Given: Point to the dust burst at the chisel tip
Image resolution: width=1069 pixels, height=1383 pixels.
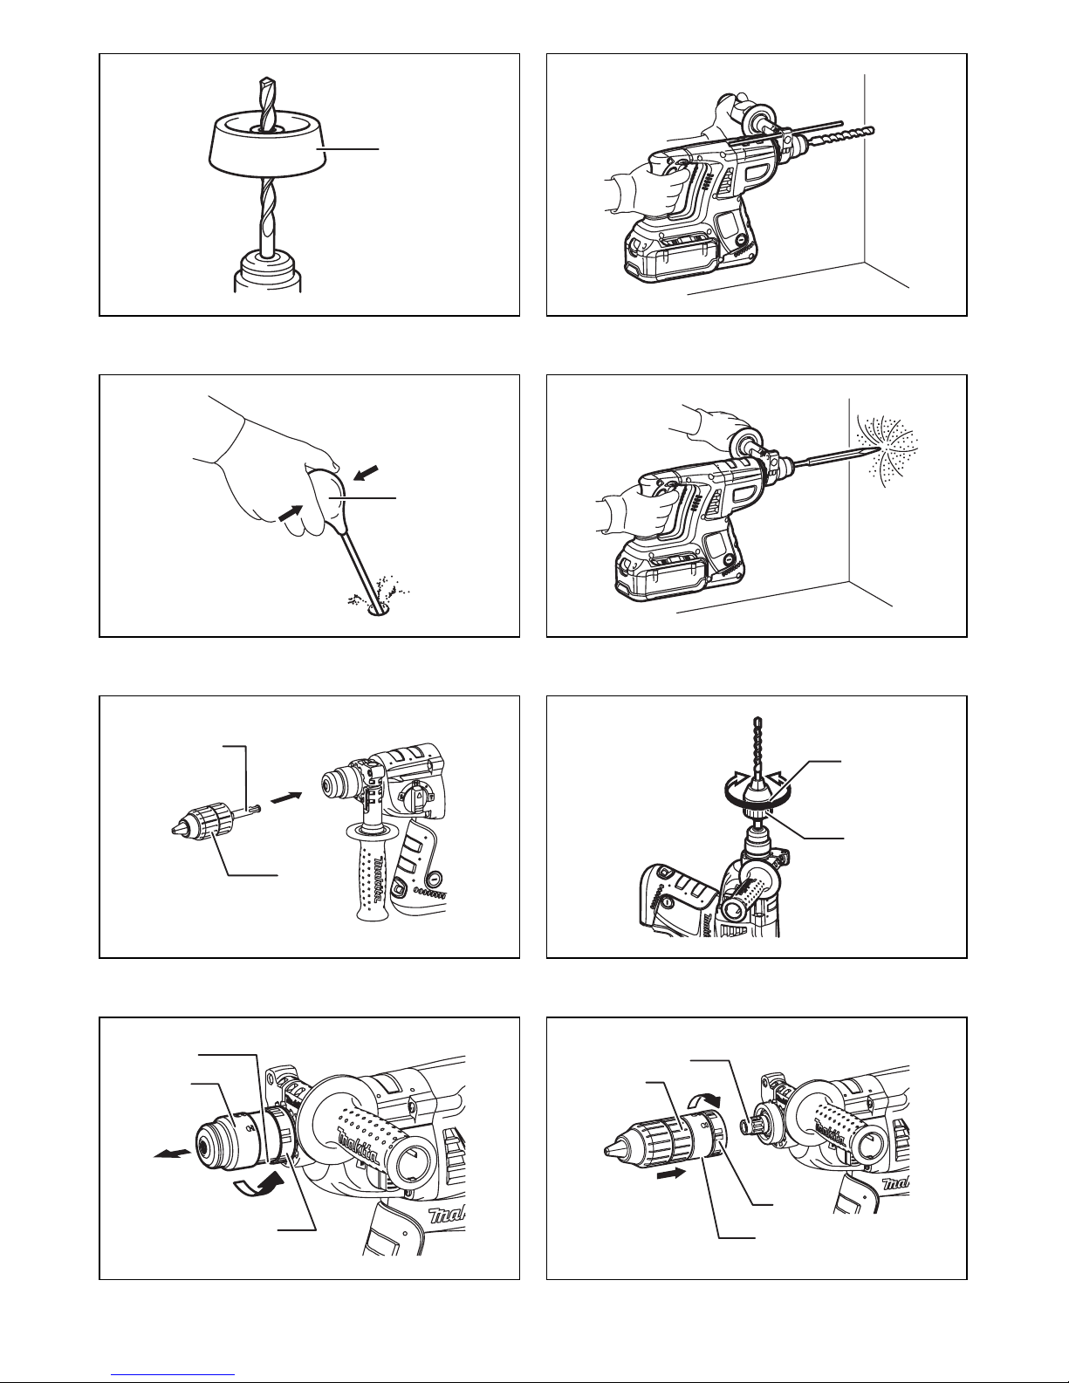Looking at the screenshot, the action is click(x=887, y=451).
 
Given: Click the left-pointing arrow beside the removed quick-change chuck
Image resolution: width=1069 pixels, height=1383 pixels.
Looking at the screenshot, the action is click(x=173, y=1153).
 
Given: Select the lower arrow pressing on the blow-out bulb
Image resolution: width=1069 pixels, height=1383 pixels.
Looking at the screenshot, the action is click(x=290, y=513).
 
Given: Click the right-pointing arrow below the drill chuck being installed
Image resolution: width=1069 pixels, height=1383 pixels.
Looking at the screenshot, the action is click(x=671, y=1172).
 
